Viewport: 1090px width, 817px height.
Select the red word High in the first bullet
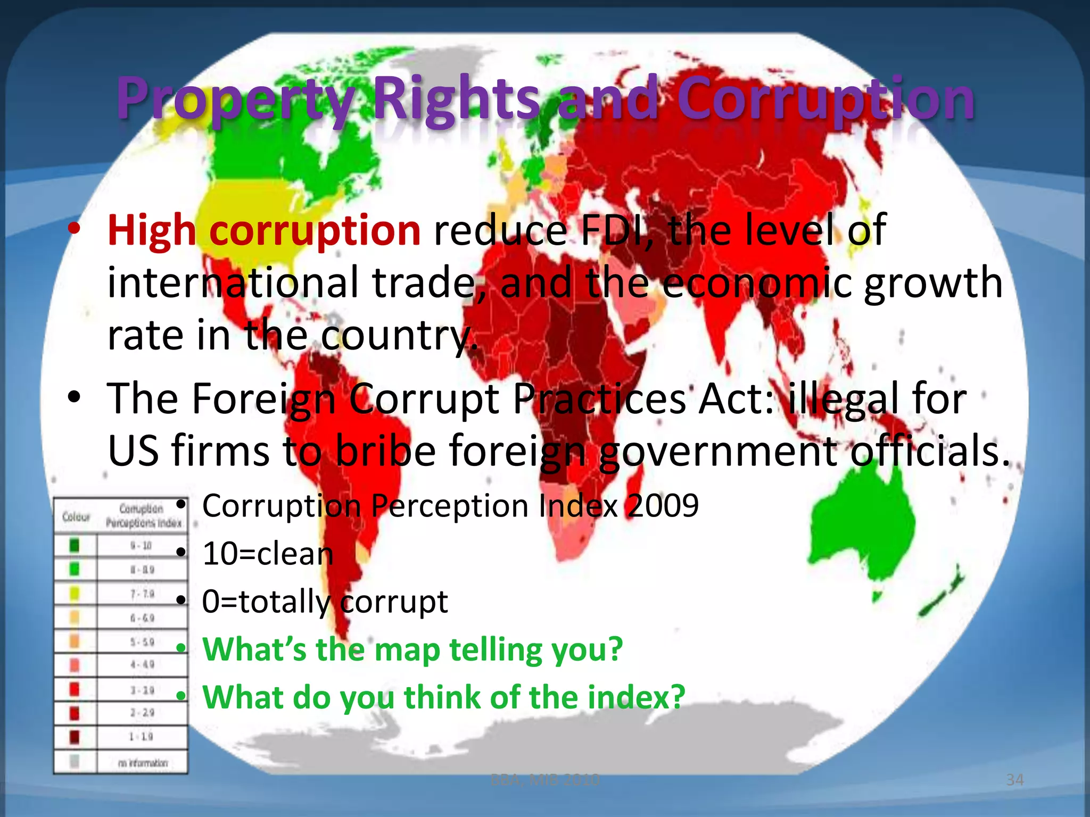[152, 231]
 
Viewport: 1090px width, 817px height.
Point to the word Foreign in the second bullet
[263, 398]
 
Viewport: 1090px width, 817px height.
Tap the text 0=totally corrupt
[325, 602]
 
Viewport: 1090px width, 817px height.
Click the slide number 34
[1014, 780]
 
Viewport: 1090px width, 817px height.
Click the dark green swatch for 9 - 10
[75, 545]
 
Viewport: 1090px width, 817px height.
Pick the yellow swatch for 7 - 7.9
[75, 593]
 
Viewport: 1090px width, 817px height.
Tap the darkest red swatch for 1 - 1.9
[75, 737]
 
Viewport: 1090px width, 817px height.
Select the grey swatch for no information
[75, 762]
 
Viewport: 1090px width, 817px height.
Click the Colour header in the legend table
[76, 516]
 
